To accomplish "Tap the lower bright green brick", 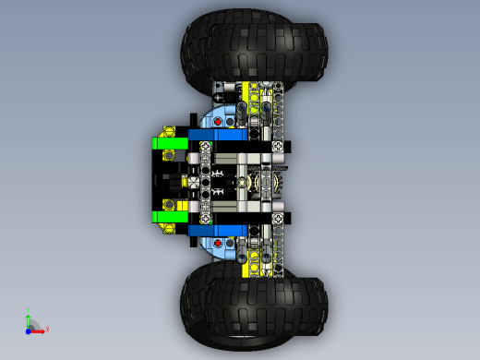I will pos(168,216).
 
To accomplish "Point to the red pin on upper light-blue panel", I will pos(218,120).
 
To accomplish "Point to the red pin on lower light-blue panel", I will pos(218,239).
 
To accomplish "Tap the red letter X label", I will pos(47,329).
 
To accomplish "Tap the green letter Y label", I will pos(29,309).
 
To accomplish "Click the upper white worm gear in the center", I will pos(218,173).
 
